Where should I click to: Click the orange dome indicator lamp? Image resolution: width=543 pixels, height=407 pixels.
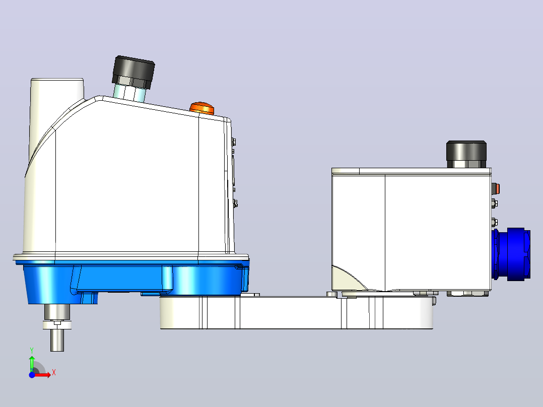(x=202, y=108)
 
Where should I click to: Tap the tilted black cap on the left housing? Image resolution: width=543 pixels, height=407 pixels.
(x=133, y=72)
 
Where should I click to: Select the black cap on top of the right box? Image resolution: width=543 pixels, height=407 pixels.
(x=466, y=151)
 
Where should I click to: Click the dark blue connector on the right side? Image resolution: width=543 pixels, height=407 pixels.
(x=511, y=254)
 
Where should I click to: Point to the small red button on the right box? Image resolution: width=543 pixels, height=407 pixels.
(x=497, y=189)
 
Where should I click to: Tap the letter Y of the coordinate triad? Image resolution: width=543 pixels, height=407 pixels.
(x=32, y=351)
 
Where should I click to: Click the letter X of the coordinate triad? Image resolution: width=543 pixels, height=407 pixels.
(x=54, y=373)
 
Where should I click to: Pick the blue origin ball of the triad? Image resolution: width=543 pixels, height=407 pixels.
(x=32, y=375)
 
